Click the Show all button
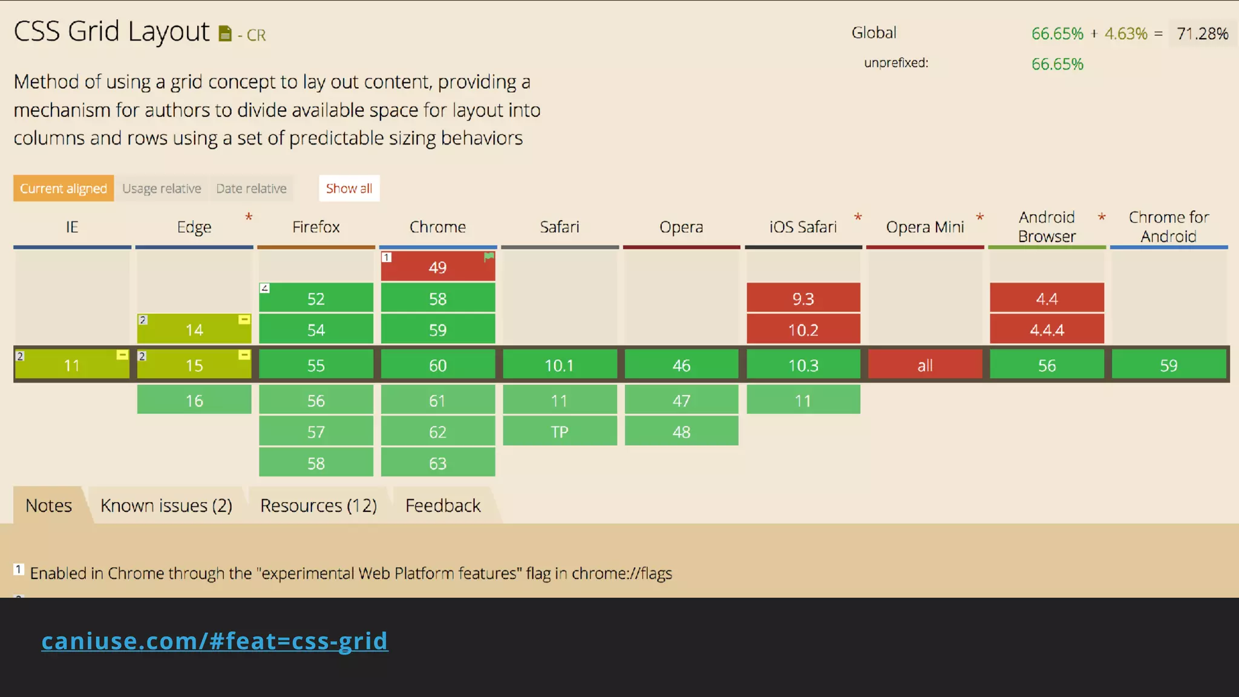pos(349,188)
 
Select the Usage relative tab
pos(162,189)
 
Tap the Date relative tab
pos(251,189)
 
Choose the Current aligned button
pos(64,189)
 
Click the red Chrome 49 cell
pos(437,267)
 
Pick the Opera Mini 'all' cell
pos(925,365)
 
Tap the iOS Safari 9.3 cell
pos(803,298)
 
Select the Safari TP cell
pos(560,431)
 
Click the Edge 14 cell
pos(194,329)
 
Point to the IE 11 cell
pos(72,365)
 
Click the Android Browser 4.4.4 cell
pos(1047,330)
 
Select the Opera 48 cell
pos(681,431)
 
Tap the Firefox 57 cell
pos(316,431)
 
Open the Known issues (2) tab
pos(166,505)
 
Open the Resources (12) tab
pos(318,505)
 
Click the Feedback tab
pos(443,505)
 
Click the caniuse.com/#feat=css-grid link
pos(215,641)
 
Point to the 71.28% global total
pos(1202,33)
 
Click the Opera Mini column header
pos(924,227)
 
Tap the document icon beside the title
pos(225,34)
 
